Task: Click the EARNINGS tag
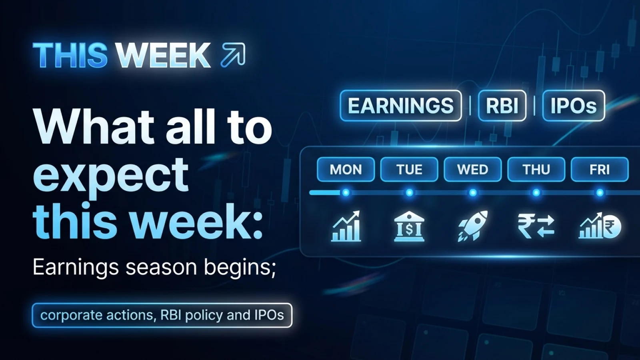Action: (400, 106)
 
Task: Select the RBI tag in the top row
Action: (502, 106)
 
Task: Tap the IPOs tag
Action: (573, 106)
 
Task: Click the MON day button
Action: (346, 170)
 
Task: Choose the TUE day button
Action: (409, 170)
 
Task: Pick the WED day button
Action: (472, 170)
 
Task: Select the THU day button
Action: (536, 170)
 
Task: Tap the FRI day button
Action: (599, 170)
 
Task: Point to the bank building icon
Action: (409, 227)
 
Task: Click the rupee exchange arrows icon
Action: (536, 226)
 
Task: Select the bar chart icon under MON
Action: (346, 227)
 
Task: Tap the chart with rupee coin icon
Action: (600, 226)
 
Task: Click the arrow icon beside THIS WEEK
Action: (233, 54)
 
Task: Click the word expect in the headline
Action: (110, 174)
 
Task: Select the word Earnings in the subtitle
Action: (76, 267)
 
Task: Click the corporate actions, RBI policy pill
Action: (162, 315)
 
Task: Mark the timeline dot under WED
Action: (473, 193)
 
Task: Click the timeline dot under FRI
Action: (600, 193)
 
